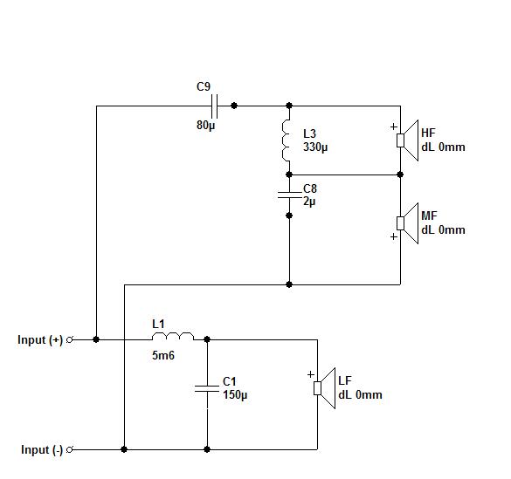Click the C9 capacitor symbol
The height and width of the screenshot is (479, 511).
[x=214, y=106]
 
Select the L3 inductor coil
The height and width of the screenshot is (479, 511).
[x=286, y=140]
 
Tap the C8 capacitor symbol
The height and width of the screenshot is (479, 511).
[x=289, y=195]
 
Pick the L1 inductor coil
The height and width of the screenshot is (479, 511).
[x=173, y=337]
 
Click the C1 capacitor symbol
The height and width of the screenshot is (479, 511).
[x=207, y=388]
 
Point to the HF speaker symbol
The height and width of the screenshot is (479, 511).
[x=407, y=140]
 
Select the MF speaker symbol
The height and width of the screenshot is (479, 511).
[x=407, y=223]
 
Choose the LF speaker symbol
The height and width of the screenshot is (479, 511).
[x=325, y=388]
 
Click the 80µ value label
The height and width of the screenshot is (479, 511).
[x=205, y=126]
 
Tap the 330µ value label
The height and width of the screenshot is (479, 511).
[x=315, y=147]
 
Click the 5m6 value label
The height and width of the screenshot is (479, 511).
[x=163, y=355]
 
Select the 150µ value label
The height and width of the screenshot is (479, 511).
[x=235, y=394]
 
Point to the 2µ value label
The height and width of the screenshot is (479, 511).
[x=309, y=202]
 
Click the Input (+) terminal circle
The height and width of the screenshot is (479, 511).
[x=69, y=339]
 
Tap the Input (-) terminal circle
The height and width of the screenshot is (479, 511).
[x=69, y=449]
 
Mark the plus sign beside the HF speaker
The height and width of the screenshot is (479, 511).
[x=394, y=127]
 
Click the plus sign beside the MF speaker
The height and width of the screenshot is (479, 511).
[x=394, y=236]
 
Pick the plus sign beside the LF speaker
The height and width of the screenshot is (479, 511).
[x=311, y=374]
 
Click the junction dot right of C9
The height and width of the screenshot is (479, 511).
[x=234, y=106]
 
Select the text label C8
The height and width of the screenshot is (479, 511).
[x=310, y=188]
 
